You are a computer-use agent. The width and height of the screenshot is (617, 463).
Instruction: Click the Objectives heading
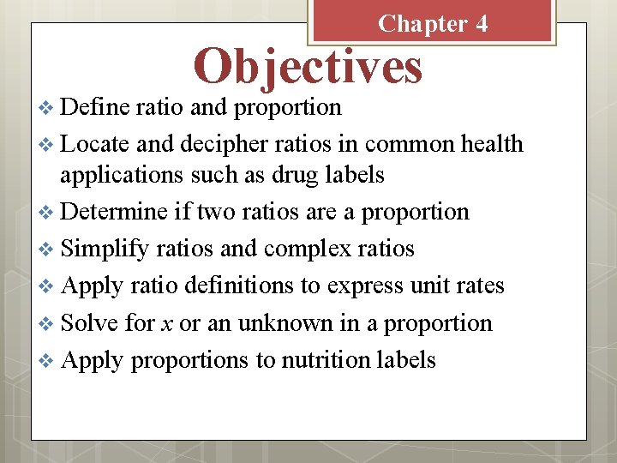click(308, 66)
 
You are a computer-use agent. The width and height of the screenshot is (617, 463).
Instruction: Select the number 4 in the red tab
click(482, 23)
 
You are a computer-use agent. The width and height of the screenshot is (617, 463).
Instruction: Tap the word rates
click(474, 286)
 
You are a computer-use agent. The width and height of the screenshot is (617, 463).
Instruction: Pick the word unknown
click(286, 322)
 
